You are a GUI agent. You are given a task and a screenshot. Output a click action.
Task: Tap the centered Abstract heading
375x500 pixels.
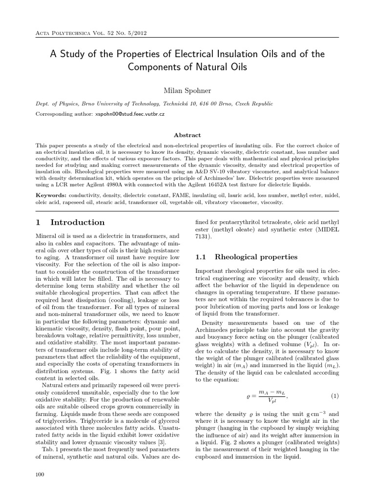coord(187,135)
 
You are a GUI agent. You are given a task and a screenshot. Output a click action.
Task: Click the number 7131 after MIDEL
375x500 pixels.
coord(203,236)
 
